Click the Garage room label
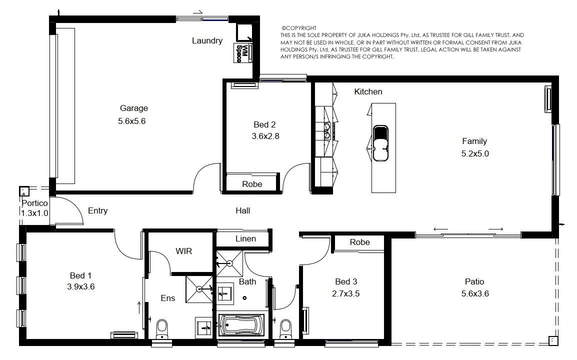pyautogui.click(x=134, y=108)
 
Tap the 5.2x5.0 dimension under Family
pyautogui.click(x=475, y=153)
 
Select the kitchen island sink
pyautogui.click(x=380, y=143)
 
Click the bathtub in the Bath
pyautogui.click(x=241, y=325)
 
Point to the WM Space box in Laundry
pyautogui.click(x=243, y=53)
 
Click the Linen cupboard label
pyautogui.click(x=245, y=238)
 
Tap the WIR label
pyautogui.click(x=183, y=251)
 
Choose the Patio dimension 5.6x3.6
pyautogui.click(x=475, y=293)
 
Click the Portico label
pyautogui.click(x=34, y=203)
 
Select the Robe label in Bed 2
pyautogui.click(x=252, y=184)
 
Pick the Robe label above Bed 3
pyautogui.click(x=359, y=242)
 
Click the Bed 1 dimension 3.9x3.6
pyautogui.click(x=80, y=286)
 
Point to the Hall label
pyautogui.click(x=242, y=210)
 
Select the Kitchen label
pyautogui.click(x=368, y=91)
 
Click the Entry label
pyautogui.click(x=97, y=210)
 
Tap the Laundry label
pyautogui.click(x=207, y=40)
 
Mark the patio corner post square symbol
pyautogui.click(x=553, y=341)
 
